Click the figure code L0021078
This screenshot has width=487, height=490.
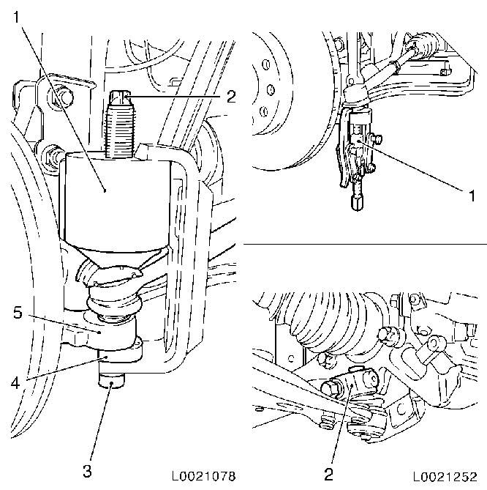204,476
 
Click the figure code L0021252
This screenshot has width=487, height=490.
445,476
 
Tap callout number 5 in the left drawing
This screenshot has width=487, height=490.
18,312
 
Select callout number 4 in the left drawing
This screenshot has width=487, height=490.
15,382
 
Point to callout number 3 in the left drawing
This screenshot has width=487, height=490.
87,471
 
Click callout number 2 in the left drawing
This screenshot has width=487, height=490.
231,97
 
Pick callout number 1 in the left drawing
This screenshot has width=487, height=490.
17,17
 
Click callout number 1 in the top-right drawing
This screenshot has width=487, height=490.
472,196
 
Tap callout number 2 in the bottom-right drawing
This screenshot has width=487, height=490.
328,475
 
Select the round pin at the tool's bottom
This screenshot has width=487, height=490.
111,380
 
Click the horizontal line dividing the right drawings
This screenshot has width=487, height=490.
365,243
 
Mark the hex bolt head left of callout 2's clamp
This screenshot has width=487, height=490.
331,387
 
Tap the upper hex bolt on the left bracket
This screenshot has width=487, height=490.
61,97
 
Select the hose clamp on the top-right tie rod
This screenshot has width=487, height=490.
394,67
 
